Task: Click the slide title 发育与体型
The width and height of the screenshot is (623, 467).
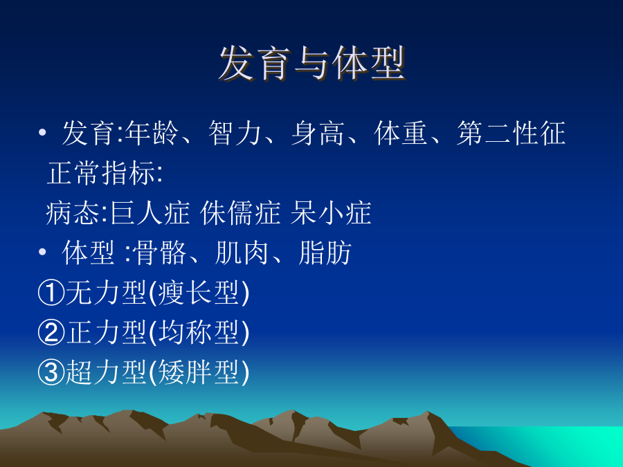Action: [312, 64]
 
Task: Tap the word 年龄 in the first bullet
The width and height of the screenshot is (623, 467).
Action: [152, 133]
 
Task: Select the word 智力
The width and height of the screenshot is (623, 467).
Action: [235, 133]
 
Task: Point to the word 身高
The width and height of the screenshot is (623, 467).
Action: [318, 133]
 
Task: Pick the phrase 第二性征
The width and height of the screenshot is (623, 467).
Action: [511, 133]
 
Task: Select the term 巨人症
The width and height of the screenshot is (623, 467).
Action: [150, 213]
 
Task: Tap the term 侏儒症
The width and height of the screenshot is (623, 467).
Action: [240, 213]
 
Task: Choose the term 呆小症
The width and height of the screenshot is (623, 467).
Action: [331, 213]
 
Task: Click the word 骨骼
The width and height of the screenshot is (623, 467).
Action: [159, 253]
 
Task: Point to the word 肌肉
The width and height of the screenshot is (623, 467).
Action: [242, 253]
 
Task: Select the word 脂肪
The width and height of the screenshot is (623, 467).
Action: [325, 253]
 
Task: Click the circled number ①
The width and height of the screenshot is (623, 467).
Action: [51, 293]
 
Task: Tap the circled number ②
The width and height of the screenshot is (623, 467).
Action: [51, 333]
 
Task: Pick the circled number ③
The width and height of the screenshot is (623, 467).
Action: [51, 372]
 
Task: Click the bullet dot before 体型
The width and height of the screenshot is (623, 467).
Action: [42, 252]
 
